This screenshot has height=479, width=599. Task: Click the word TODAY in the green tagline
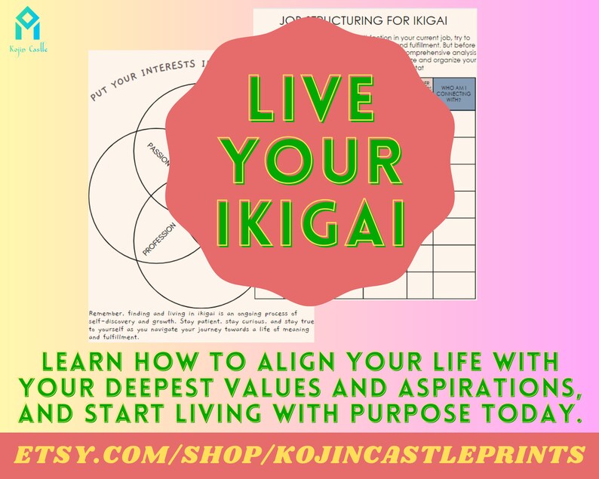click(x=539, y=413)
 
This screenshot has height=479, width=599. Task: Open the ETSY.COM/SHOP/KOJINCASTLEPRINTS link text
click(x=299, y=455)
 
